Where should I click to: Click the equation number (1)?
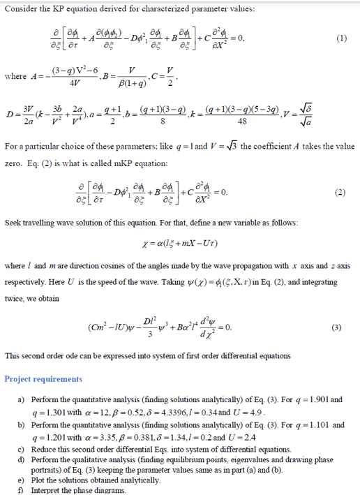tap(341, 39)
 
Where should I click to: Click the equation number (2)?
tap(341, 191)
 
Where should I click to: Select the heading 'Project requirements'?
tap(43, 379)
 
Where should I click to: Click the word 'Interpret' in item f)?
tap(49, 490)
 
